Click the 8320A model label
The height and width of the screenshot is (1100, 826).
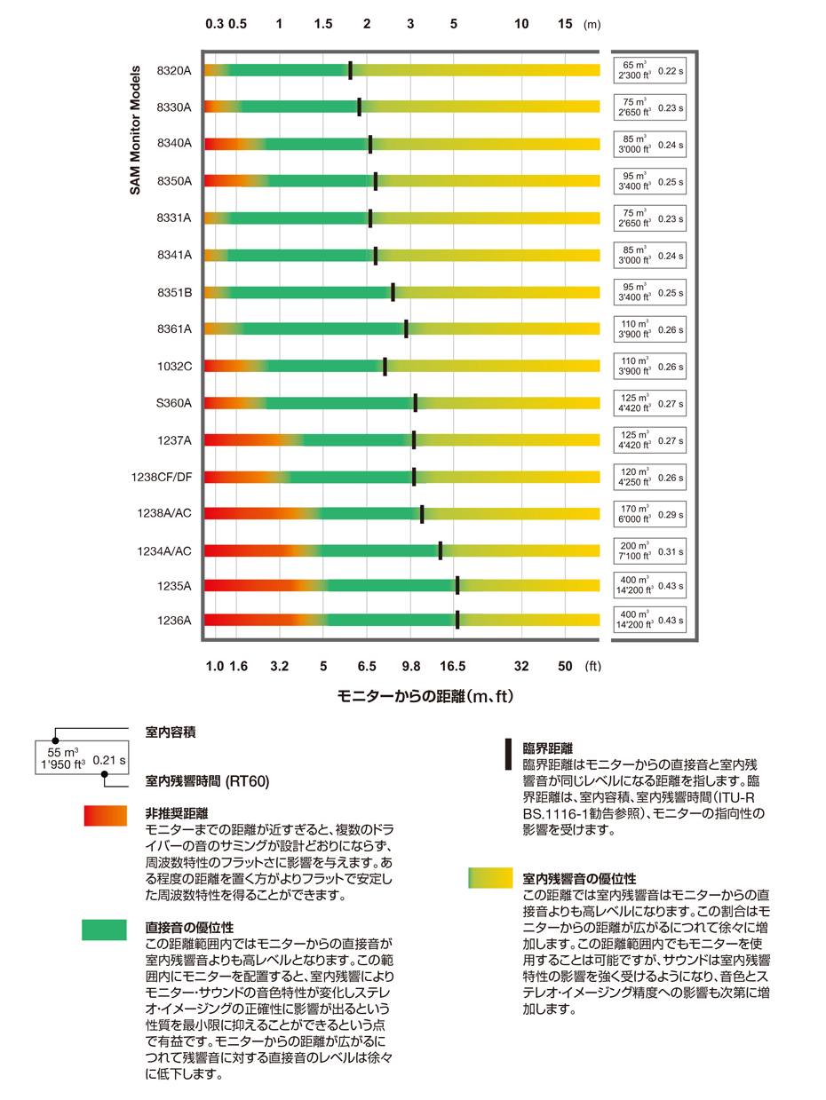tap(174, 70)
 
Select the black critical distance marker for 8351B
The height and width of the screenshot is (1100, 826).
tap(393, 291)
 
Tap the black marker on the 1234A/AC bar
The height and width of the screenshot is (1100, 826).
tap(440, 550)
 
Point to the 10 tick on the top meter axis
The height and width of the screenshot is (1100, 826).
tap(522, 24)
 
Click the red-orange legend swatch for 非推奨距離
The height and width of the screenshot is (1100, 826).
tap(104, 816)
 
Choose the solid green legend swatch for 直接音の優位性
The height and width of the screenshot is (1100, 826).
tap(104, 930)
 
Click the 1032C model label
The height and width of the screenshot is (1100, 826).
tap(174, 366)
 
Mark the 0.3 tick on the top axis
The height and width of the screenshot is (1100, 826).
tap(214, 24)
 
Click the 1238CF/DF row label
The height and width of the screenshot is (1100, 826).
tap(160, 477)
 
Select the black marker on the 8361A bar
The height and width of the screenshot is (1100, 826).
tap(406, 328)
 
